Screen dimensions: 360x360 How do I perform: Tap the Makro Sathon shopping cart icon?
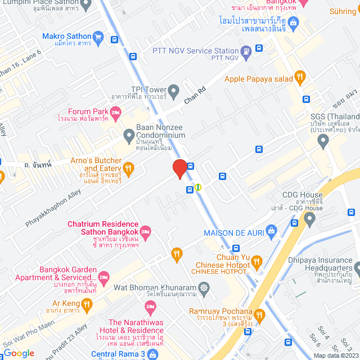98,37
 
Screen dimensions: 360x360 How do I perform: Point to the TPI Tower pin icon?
174,90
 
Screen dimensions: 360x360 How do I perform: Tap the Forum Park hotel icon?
115,115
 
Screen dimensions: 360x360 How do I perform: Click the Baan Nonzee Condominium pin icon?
129,135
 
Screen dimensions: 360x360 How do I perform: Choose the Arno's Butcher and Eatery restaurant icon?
129,167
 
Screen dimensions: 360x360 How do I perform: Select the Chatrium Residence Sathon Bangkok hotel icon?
146,231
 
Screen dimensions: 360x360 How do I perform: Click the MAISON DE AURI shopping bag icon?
272,231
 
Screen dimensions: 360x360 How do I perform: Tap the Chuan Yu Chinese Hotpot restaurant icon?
257,261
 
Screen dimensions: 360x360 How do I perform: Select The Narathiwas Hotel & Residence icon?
150,308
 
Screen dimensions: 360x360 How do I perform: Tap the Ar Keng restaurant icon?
86,305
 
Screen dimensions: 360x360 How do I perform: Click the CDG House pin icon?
309,219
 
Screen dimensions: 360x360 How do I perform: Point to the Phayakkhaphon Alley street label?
53,208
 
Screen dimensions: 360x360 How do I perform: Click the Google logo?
19,353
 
